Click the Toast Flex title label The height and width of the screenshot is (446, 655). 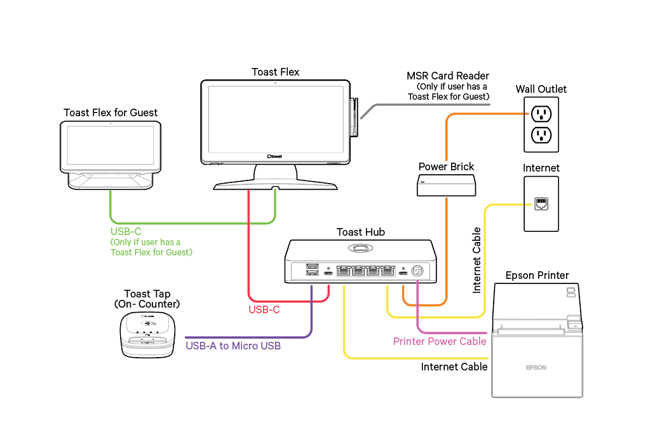275,72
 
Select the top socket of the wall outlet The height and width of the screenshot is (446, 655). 541,114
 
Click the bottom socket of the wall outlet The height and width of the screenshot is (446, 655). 541,135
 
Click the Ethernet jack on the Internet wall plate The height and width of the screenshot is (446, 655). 541,205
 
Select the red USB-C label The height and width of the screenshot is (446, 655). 264,310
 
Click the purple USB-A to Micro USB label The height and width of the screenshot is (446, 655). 233,346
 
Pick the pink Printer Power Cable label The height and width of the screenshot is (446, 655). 440,342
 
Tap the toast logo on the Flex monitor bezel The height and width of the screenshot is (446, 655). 274,155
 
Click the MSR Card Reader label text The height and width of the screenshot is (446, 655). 448,76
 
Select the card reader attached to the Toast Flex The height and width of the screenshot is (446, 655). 354,116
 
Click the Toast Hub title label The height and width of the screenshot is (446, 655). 360,232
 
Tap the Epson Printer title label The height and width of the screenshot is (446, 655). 537,276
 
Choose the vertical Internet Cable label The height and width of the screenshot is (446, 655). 477,260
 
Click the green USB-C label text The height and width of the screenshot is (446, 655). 126,231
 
